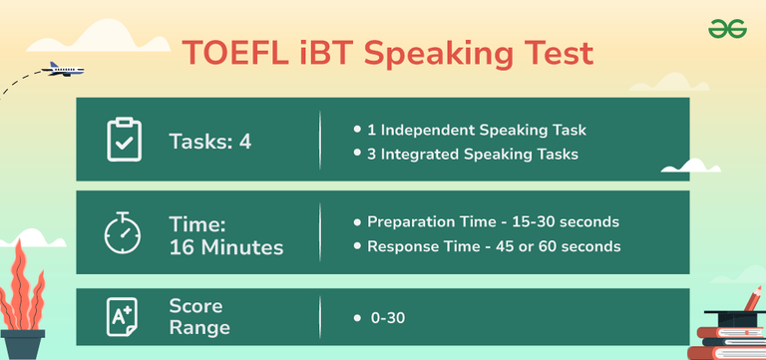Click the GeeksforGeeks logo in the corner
coord(727,30)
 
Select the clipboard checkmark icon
coord(125,141)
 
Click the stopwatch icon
coord(125,232)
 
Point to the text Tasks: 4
coord(209,142)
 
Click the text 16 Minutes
coord(225,245)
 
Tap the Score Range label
coord(198,316)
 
